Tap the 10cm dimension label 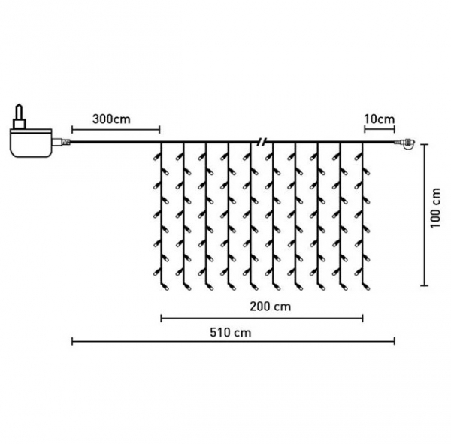pyautogui.click(x=378, y=119)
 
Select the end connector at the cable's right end pyautogui.click(x=408, y=143)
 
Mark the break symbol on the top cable pyautogui.click(x=261, y=142)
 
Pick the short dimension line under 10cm pyautogui.click(x=378, y=130)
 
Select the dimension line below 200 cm pyautogui.click(x=262, y=318)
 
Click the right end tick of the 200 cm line pyautogui.click(x=363, y=318)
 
